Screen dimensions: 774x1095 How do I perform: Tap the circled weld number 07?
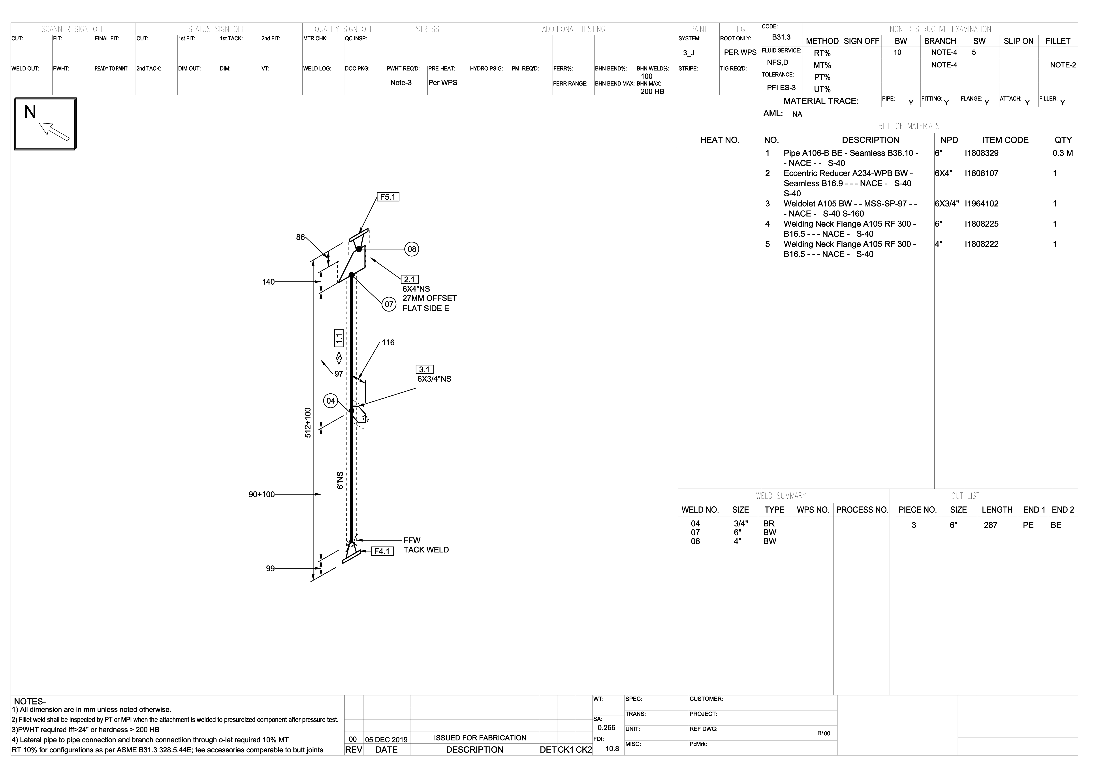(389, 304)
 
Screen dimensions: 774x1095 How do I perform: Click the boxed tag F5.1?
(388, 197)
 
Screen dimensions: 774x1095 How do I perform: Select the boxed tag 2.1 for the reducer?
(410, 280)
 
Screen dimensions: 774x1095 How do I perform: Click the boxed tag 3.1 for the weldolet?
(424, 370)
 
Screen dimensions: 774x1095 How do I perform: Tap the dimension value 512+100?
(308, 423)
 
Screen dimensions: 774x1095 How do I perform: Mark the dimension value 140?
(269, 282)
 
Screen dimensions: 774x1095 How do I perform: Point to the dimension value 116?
(388, 342)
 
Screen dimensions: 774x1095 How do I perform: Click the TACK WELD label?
(426, 550)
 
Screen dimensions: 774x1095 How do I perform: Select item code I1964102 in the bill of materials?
(982, 204)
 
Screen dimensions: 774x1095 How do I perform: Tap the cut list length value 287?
(991, 525)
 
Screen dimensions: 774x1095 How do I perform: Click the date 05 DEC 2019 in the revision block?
(386, 740)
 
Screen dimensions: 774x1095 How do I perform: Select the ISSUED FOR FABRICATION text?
(480, 738)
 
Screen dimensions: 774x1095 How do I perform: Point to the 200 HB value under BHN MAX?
(652, 91)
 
